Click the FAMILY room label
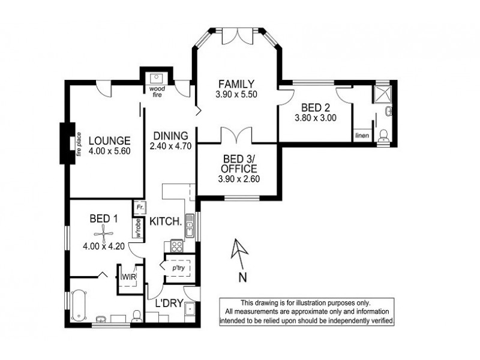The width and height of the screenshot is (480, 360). click(236, 84)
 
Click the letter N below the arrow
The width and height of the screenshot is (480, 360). click(242, 277)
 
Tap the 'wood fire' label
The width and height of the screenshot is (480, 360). click(158, 92)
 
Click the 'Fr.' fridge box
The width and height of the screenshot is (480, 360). click(139, 207)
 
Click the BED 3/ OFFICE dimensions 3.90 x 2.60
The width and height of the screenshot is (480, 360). click(237, 179)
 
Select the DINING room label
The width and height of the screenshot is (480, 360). click(170, 136)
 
